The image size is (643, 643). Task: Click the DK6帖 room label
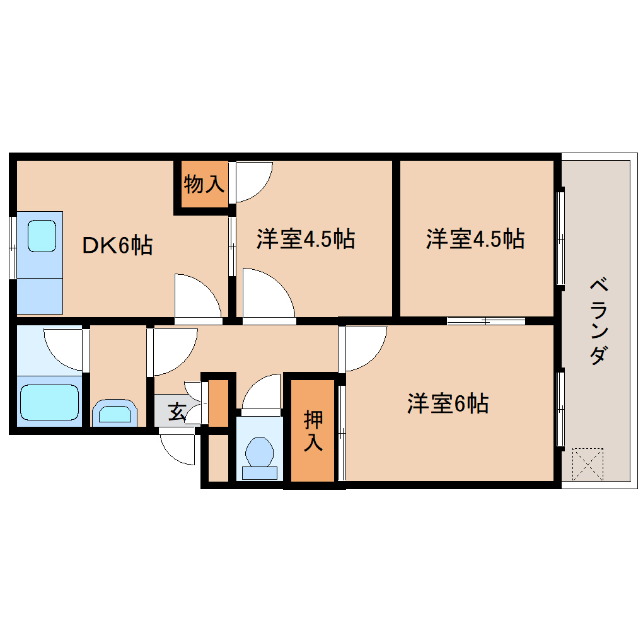(118, 245)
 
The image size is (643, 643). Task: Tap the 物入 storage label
(204, 185)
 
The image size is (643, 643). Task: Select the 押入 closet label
(313, 431)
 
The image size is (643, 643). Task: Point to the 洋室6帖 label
(448, 403)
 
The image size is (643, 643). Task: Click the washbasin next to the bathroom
(115, 414)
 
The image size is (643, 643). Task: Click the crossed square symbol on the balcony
(588, 464)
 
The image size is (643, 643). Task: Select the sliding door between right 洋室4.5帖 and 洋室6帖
(486, 321)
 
